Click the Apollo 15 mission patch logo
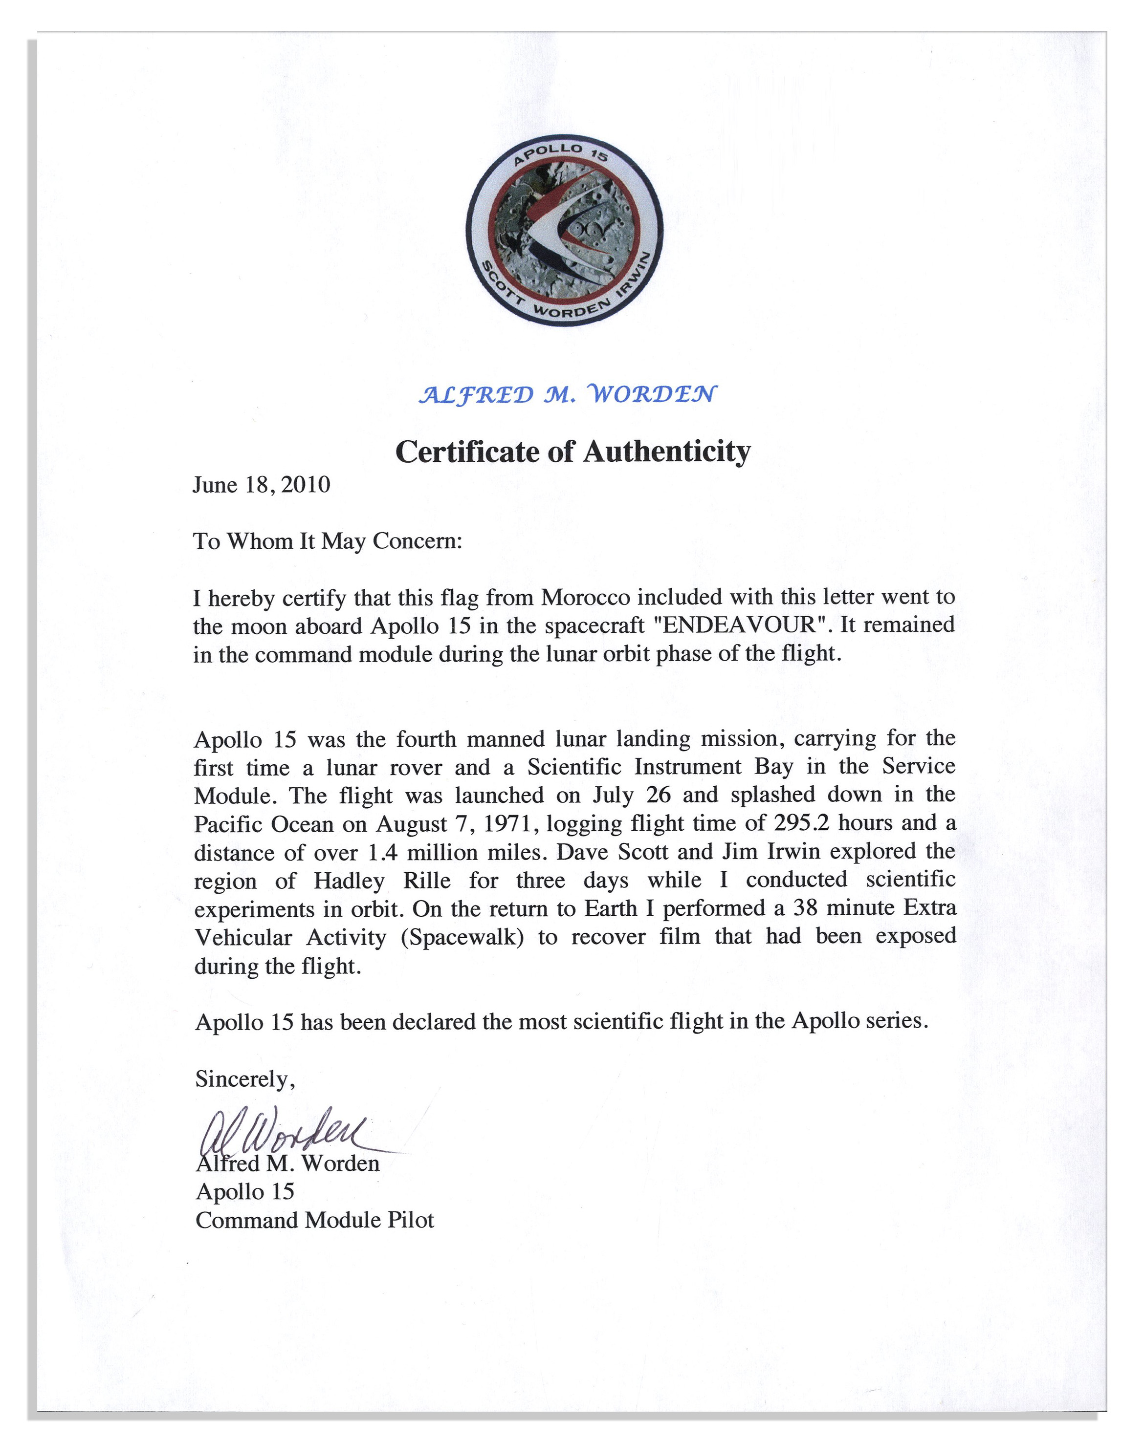[x=565, y=232]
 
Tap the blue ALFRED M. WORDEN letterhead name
[x=567, y=394]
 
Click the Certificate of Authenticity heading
[x=572, y=452]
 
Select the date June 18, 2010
[x=261, y=485]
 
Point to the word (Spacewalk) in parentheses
[x=462, y=937]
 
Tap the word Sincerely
[x=244, y=1078]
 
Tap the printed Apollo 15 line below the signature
[x=245, y=1191]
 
